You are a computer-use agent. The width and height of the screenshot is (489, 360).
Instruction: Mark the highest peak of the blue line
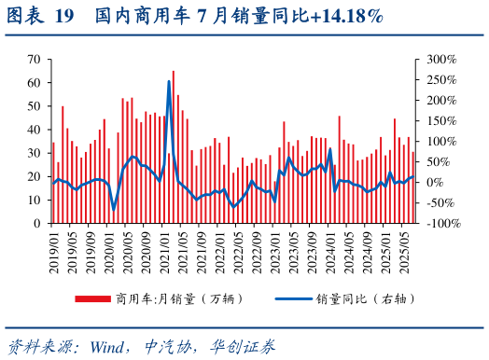pos(169,81)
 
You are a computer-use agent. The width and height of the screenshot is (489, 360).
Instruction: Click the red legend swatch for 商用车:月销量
pos(92,298)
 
